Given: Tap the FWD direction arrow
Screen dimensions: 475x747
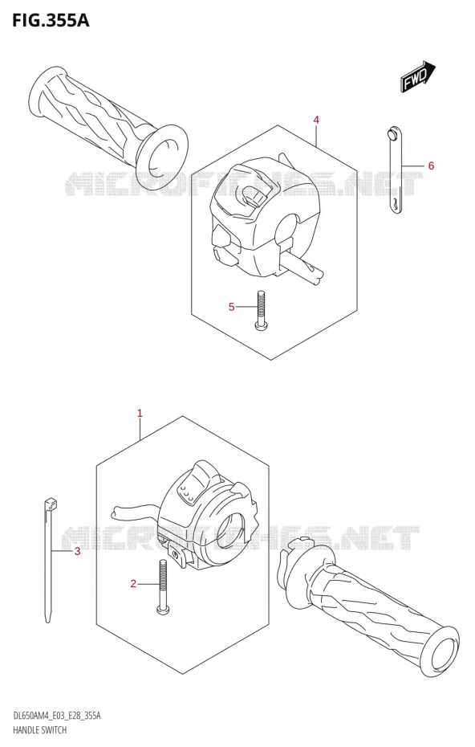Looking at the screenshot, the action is point(418,76).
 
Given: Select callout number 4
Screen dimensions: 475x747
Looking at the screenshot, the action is point(316,120).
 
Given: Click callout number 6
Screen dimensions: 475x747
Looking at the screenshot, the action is point(431,165).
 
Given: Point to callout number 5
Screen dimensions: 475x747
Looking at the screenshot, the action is point(231,307).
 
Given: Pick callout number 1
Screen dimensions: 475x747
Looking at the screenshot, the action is point(140,414).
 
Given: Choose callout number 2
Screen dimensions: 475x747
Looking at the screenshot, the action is point(133,584).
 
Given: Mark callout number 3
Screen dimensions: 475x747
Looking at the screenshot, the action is point(78,552).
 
